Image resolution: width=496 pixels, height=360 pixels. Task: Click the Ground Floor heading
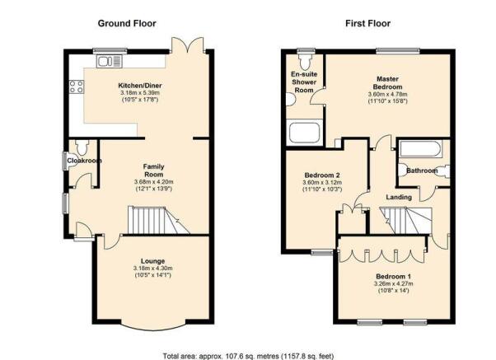127,23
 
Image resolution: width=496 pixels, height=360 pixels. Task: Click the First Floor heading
368,23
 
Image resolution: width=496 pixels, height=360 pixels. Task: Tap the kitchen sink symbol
110,61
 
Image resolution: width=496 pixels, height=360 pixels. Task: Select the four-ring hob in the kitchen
77,86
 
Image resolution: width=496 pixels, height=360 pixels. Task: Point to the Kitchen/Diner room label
140,86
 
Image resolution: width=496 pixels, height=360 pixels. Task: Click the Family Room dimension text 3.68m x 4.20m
154,182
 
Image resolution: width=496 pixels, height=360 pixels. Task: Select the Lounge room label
152,261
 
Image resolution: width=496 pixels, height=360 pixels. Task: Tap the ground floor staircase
159,221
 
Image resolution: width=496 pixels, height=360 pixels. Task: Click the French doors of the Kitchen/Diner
188,46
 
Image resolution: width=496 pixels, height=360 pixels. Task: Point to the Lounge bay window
153,326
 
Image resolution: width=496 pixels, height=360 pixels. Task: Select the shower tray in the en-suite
304,133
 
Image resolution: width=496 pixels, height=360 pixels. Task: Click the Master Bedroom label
387,82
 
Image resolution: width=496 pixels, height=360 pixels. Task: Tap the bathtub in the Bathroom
420,149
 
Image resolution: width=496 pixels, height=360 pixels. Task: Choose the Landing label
399,197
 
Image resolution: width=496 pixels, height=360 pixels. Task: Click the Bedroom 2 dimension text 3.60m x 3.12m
322,183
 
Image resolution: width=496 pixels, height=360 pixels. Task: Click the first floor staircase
406,221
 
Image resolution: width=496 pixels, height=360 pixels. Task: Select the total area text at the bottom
248,356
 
